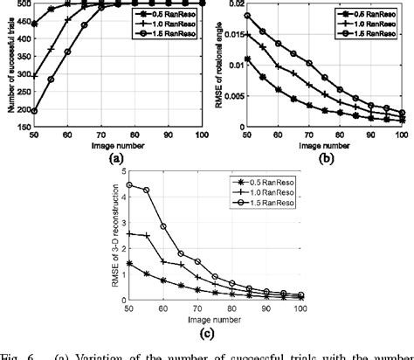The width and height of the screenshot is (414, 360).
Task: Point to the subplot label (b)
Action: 328,159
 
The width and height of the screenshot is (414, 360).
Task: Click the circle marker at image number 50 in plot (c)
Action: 130,185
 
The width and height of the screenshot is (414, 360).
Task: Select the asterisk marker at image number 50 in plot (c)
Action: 130,262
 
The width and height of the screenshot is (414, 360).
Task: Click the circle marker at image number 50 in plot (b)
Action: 246,16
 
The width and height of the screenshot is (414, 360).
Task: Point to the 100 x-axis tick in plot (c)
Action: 300,308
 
